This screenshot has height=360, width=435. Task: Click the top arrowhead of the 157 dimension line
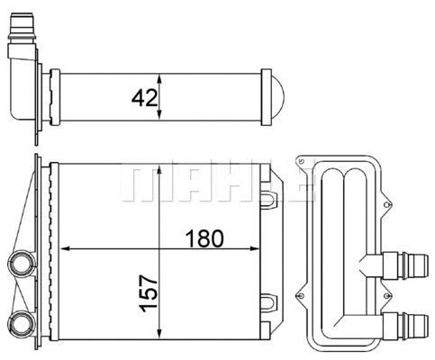[x=159, y=169]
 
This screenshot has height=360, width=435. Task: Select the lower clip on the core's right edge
[x=270, y=302]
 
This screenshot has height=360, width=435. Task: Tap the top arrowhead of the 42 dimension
[x=159, y=75]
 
